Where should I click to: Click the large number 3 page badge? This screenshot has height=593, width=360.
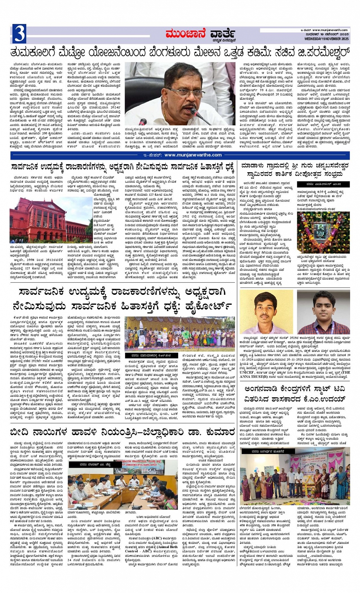[19, 34]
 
